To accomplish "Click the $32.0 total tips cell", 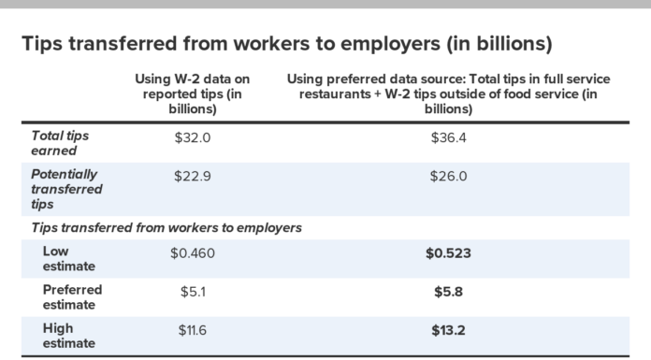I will pos(195,136).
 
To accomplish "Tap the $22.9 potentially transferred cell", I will pos(195,175).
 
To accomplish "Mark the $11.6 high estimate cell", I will pos(195,330).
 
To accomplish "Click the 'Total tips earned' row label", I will pos(61,143).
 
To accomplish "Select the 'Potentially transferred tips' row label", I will pos(67,189).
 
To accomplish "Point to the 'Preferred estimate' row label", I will pos(72,297).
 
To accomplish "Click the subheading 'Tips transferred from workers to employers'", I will pos(166,227).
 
